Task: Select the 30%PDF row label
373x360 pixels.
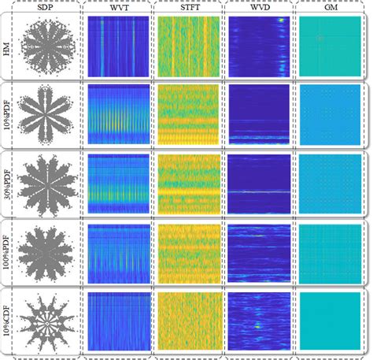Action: pyautogui.click(x=8, y=184)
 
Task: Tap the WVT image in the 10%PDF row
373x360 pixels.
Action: pyautogui.click(x=116, y=115)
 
